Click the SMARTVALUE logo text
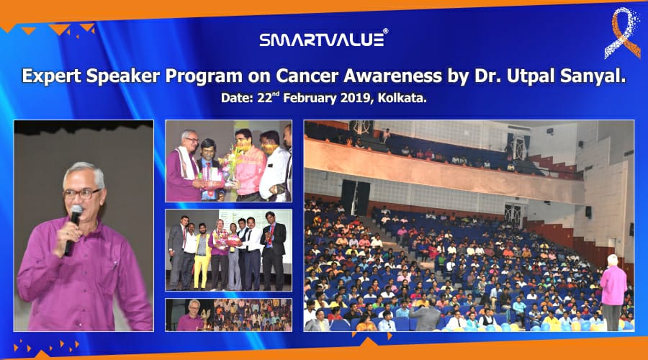(x=320, y=39)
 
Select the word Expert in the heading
(x=53, y=76)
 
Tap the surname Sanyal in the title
(x=595, y=76)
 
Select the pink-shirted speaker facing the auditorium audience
(x=613, y=288)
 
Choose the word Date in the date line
(x=236, y=99)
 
